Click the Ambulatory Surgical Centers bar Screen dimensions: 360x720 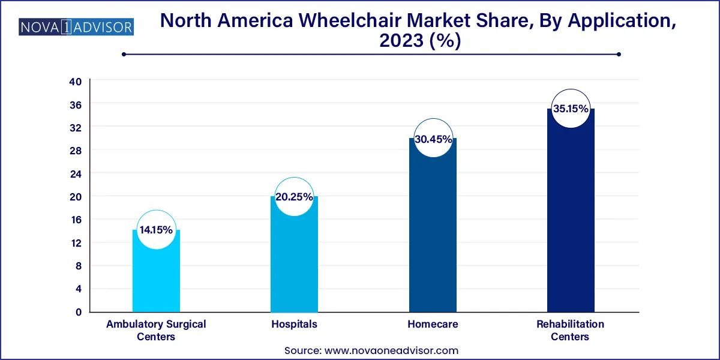click(156, 276)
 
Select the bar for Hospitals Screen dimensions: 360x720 click(294, 258)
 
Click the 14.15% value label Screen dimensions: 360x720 click(156, 230)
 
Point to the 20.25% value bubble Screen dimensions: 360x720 click(294, 196)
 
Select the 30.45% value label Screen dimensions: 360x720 click(432, 139)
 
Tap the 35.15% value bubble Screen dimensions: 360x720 click(570, 110)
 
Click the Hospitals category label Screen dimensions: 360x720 click(294, 324)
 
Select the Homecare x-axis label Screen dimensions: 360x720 click(432, 324)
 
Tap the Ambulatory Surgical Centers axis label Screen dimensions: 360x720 click(156, 330)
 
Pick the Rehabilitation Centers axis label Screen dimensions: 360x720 click(570, 330)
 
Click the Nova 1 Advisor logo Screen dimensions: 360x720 click(77, 27)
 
